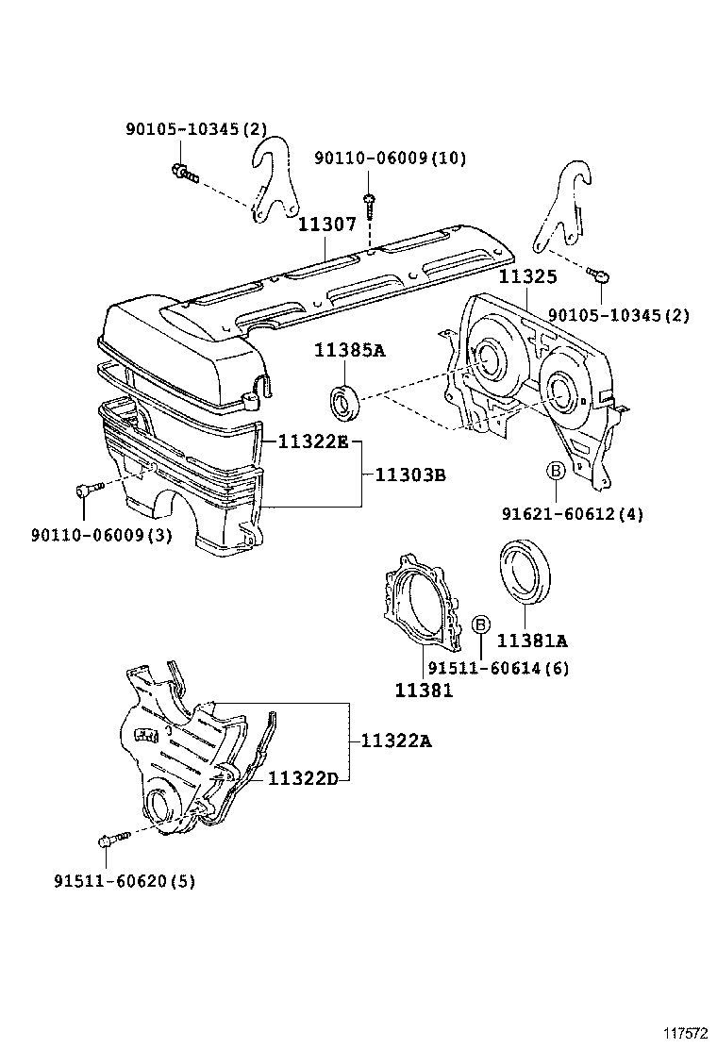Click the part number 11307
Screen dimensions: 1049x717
click(x=327, y=225)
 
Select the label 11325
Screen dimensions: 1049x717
click(x=527, y=276)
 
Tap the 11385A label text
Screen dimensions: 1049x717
click(x=350, y=351)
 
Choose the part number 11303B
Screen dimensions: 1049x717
click(x=410, y=475)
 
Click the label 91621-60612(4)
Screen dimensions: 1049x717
click(x=573, y=514)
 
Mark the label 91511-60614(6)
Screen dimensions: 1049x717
click(x=498, y=668)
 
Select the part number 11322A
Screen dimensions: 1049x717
click(x=395, y=741)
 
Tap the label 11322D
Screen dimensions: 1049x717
click(x=303, y=778)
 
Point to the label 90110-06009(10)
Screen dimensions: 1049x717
click(x=390, y=158)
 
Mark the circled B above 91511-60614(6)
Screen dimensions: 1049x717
click(x=479, y=624)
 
